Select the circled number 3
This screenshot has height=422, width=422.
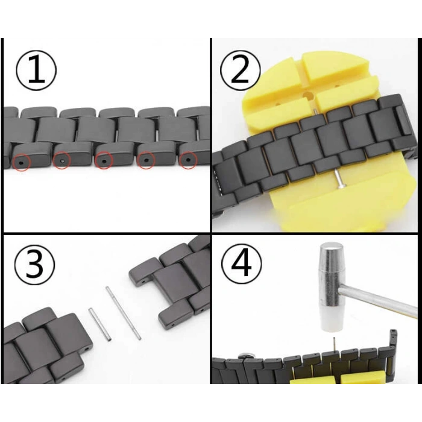point(35,265)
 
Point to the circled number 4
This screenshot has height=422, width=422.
point(241,265)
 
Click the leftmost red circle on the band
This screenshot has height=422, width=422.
point(22,163)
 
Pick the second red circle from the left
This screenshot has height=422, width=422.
point(62,161)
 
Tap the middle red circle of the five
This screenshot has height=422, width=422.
point(104,161)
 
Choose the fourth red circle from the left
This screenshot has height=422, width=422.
point(146,160)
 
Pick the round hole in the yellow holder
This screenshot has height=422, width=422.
point(309,96)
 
